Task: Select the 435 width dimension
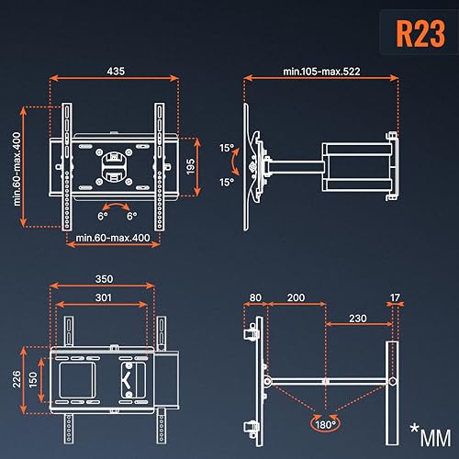coord(115,71)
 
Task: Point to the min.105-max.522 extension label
coord(320,71)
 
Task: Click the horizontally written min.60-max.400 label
coord(115,239)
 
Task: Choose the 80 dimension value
coord(254,298)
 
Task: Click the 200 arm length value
coord(295,298)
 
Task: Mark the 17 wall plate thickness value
coord(394,298)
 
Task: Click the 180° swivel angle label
coord(324,425)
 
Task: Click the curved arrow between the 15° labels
coord(235,163)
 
